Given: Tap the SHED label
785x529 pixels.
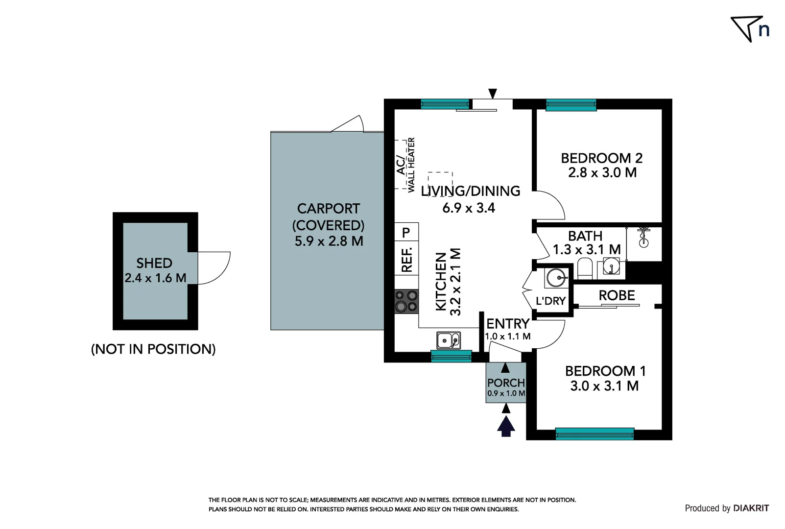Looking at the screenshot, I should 154,263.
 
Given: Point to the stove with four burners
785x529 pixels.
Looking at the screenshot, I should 406,301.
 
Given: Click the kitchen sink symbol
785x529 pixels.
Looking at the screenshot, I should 449,339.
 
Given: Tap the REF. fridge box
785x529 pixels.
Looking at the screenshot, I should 406,260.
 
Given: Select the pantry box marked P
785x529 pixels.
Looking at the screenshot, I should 406,233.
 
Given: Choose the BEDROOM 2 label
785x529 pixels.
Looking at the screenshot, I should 601,158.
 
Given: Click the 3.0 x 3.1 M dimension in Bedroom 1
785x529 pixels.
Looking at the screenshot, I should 604,386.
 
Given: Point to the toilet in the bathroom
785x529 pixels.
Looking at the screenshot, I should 585,269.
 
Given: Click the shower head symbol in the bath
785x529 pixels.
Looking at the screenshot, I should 643,237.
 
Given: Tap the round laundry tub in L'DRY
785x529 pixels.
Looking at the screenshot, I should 556,278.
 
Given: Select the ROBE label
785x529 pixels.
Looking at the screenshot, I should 617,295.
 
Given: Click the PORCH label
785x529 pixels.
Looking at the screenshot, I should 506,383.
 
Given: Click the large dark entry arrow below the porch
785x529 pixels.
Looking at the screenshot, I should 506,426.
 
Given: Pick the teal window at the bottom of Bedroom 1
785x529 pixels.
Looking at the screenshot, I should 595,433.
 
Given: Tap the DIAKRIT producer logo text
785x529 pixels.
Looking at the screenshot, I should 751,508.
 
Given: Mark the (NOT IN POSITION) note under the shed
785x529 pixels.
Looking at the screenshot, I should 153,349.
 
